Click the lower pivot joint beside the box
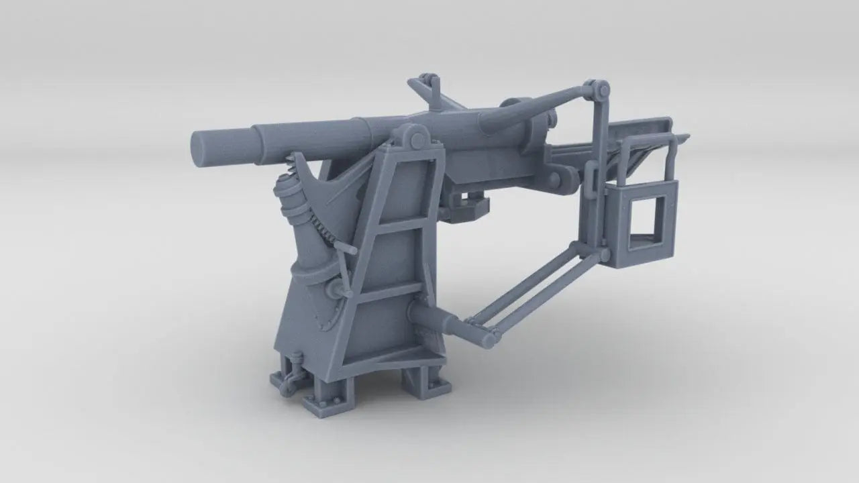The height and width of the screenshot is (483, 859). [604, 255]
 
